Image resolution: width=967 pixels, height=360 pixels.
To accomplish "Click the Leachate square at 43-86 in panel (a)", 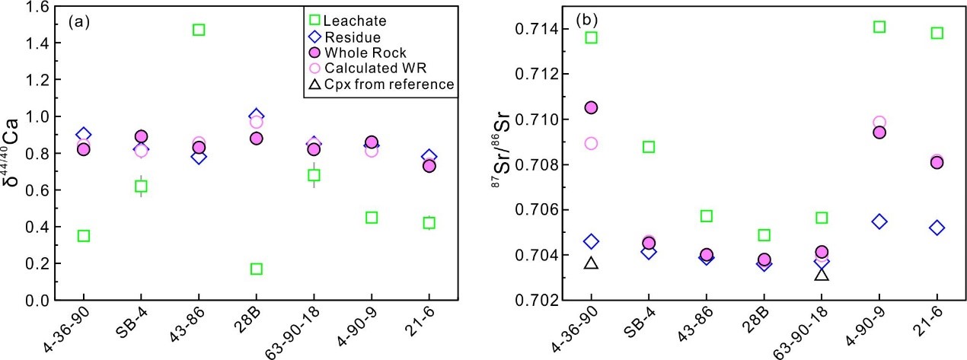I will (x=199, y=30).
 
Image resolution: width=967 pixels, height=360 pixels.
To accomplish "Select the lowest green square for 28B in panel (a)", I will (x=257, y=269).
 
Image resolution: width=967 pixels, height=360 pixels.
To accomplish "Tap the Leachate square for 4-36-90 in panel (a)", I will (x=83, y=236).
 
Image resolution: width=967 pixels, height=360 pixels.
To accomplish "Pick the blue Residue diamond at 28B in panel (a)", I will (x=257, y=116).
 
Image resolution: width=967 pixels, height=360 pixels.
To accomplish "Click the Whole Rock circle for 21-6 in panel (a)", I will (x=429, y=166).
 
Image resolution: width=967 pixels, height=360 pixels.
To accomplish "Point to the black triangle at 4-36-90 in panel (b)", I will (x=591, y=263).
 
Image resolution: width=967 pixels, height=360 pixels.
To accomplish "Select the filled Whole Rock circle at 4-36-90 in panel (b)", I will (x=591, y=107).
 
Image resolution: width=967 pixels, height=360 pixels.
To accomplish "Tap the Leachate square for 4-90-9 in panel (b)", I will (x=879, y=27).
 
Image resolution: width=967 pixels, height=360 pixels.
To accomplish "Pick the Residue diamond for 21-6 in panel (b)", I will (x=937, y=228).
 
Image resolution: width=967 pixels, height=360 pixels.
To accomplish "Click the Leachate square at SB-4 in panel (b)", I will (x=649, y=146).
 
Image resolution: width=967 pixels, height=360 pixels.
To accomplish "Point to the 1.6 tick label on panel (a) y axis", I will (x=34, y=7).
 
